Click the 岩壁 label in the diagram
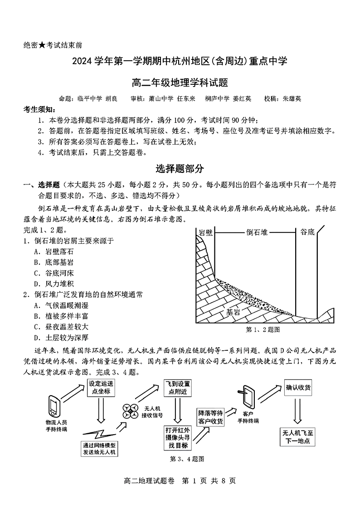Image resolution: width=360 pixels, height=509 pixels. coord(206,233)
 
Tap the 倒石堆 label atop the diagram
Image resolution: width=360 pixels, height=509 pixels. coord(257,233)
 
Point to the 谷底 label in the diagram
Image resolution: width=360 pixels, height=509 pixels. coord(307,233)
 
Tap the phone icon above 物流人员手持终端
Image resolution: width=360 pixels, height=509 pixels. coord(54,406)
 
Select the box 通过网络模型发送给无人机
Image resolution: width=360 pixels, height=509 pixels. coord(99,448)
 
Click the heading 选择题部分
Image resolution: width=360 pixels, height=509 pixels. coord(180,169)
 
